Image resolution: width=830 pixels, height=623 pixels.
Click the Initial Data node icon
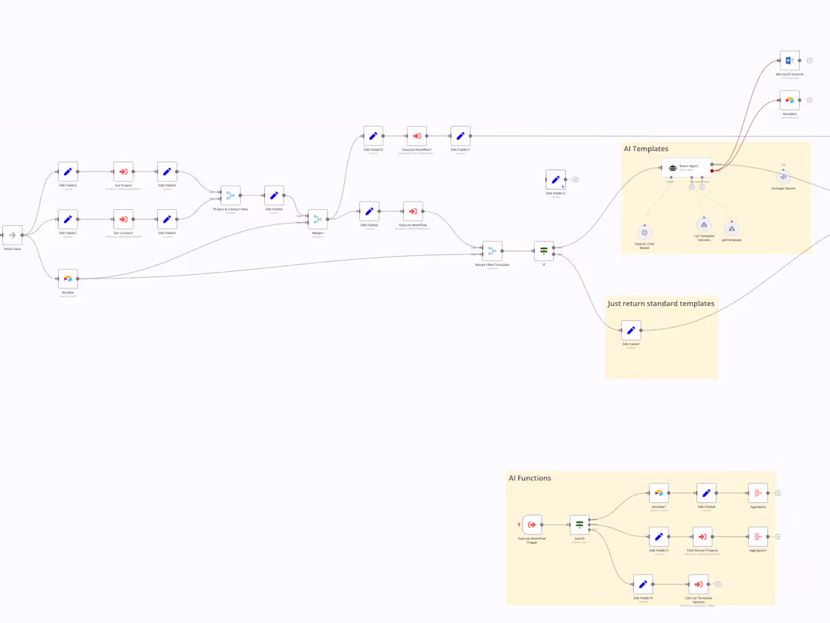[12, 235]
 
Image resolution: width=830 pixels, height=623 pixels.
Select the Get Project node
[123, 171]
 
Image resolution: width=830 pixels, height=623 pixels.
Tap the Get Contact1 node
[123, 220]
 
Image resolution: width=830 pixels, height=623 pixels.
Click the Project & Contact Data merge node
[230, 196]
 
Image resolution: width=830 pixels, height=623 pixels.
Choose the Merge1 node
[318, 220]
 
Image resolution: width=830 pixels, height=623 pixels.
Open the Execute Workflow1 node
[417, 136]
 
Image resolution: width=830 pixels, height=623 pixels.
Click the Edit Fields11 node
[460, 136]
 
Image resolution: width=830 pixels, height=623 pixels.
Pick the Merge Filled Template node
[492, 251]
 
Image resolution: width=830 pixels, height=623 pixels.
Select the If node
[543, 251]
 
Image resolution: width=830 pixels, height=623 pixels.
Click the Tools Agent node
[686, 168]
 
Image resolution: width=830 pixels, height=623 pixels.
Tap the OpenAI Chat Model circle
[644, 233]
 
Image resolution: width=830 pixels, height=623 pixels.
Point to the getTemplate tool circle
[731, 228]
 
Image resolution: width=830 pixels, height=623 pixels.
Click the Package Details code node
[783, 177]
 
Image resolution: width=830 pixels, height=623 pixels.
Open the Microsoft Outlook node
[789, 60]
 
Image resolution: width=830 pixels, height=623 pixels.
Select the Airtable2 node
[789, 100]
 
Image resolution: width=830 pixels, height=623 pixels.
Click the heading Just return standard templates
[661, 304]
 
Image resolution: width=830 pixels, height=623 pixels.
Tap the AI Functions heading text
[530, 478]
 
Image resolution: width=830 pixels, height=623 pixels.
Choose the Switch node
[579, 524]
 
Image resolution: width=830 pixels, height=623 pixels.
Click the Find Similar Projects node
[702, 537]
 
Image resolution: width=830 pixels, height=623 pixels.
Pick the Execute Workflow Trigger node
[532, 524]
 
